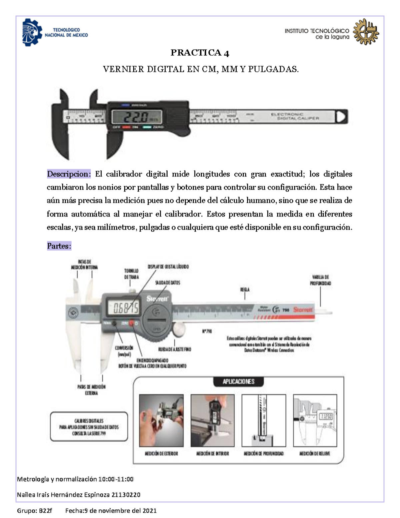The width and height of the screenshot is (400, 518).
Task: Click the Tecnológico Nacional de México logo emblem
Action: (32, 32)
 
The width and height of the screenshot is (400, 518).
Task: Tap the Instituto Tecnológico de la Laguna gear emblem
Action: (366, 32)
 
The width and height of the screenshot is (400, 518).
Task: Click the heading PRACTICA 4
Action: (200, 53)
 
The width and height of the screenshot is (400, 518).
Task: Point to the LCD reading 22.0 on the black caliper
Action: (137, 117)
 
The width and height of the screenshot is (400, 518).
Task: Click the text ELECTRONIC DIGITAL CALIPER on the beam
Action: (295, 116)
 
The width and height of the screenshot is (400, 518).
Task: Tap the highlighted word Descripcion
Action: (68, 174)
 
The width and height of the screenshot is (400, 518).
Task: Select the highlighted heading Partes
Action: (59, 246)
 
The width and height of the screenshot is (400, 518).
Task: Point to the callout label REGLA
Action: (245, 290)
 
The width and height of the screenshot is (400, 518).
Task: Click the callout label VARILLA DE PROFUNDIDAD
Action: (320, 280)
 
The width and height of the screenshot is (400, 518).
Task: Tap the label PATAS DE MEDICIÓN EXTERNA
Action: (91, 390)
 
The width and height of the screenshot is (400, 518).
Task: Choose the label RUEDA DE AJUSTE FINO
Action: (174, 349)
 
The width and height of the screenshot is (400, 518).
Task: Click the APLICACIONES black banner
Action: (238, 382)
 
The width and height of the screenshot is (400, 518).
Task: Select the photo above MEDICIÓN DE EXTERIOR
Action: (161, 420)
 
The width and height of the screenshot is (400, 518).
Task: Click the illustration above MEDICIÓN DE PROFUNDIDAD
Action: (264, 420)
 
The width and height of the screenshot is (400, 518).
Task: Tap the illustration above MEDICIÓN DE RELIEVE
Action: (315, 420)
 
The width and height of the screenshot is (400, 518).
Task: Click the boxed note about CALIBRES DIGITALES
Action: (89, 427)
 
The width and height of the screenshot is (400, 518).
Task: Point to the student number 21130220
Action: (126, 495)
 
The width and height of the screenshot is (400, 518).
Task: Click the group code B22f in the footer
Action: (45, 511)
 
